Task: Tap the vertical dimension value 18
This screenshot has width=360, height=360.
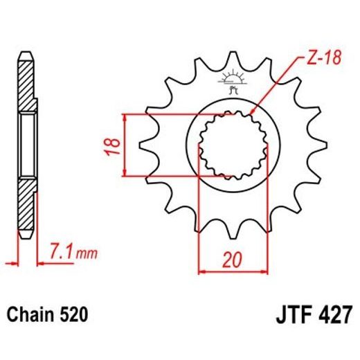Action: click(x=116, y=145)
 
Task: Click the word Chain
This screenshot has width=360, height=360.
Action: click(x=32, y=316)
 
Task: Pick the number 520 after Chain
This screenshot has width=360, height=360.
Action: click(x=73, y=316)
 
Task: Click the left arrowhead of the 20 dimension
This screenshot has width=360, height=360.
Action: click(x=202, y=271)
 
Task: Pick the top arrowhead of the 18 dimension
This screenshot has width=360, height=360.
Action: click(x=125, y=116)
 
